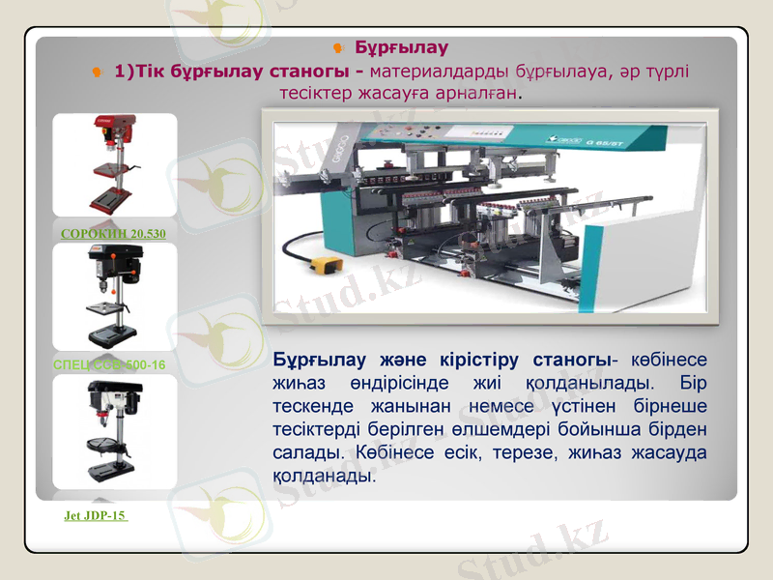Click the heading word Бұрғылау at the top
pyautogui.click(x=401, y=47)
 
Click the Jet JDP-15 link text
pyautogui.click(x=96, y=516)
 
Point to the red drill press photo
pyautogui.click(x=113, y=164)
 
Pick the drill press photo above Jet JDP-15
pyautogui.click(x=114, y=431)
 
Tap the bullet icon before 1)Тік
pyautogui.click(x=98, y=72)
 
